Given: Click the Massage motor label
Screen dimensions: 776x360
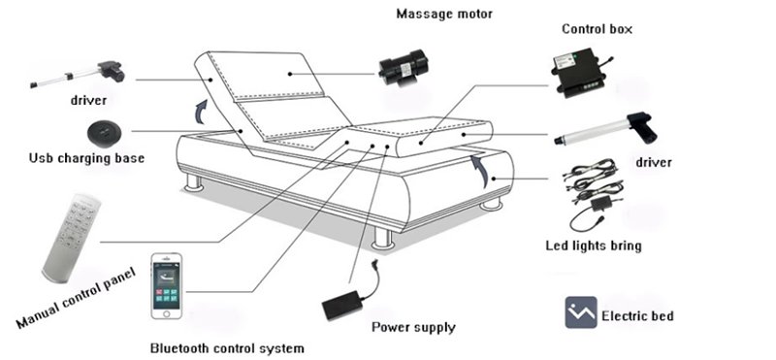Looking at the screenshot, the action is click(x=444, y=14).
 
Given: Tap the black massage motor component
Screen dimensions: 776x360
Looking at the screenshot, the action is click(x=404, y=69).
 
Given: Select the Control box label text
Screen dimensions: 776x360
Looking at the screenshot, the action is click(x=597, y=29).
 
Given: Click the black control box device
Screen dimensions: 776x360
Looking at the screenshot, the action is click(x=579, y=73).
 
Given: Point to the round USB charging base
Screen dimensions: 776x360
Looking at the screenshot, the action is click(x=104, y=134).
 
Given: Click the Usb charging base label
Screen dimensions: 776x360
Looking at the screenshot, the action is click(x=86, y=158).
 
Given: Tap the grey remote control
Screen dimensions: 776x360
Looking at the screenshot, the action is click(x=72, y=238).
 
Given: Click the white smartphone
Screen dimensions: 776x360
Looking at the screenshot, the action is click(x=166, y=286).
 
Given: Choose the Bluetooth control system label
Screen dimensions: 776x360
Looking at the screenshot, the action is click(x=227, y=348).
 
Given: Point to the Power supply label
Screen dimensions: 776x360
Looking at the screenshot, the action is click(x=413, y=327).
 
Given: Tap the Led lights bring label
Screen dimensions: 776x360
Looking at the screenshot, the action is click(x=594, y=245).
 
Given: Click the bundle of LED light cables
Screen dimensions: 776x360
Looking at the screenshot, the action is click(x=593, y=193).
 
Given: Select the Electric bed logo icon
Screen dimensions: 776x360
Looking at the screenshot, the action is click(x=581, y=312).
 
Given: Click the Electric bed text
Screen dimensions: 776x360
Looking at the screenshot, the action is click(x=637, y=316).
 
